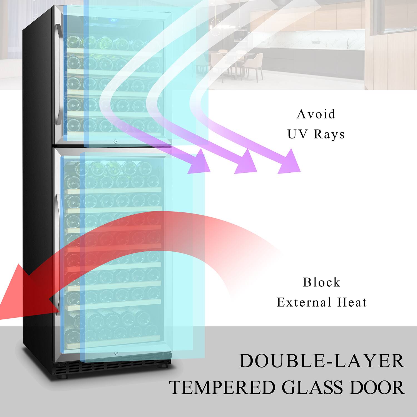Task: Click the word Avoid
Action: tap(316, 114)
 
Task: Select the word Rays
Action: tap(329, 134)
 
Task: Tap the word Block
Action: tap(322, 282)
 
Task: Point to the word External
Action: tap(304, 302)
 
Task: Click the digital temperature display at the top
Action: tap(114, 20)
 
